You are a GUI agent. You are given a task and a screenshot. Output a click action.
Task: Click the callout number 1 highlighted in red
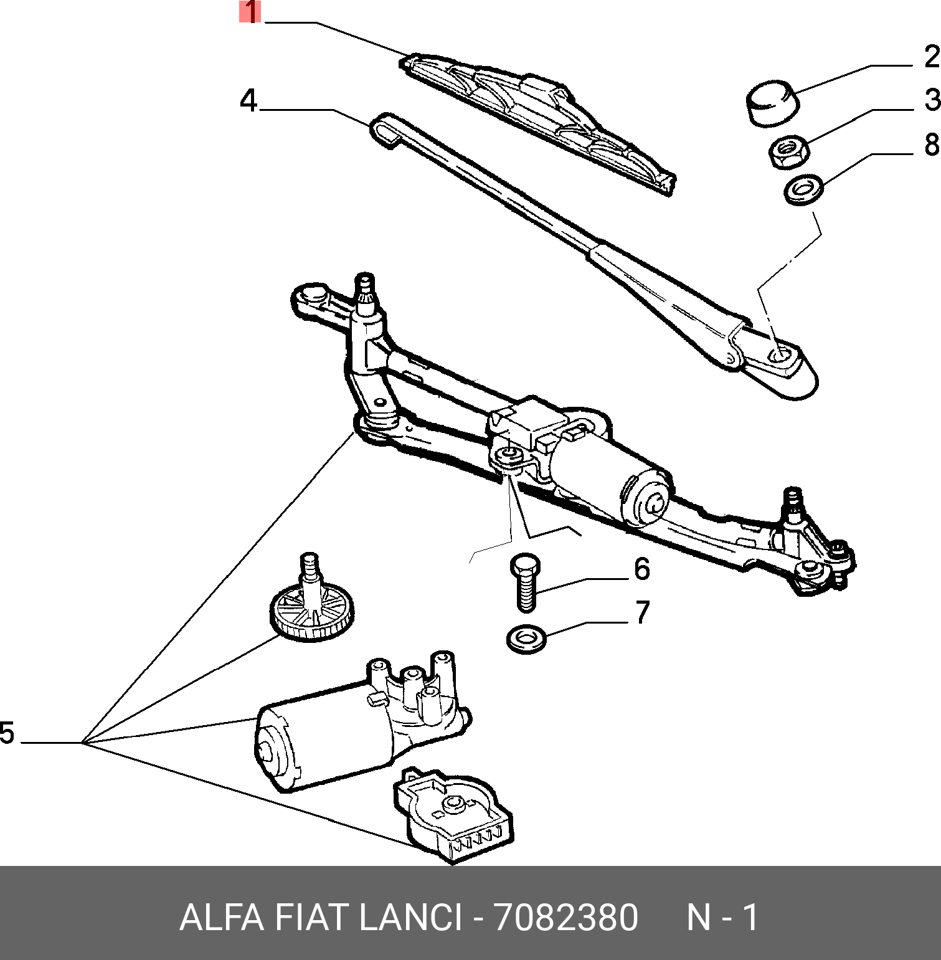tap(250, 12)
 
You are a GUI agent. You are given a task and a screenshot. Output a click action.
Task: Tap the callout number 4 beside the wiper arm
tap(248, 100)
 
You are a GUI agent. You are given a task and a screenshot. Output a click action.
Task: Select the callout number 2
tap(930, 57)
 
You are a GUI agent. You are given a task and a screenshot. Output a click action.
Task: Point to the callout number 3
tap(931, 100)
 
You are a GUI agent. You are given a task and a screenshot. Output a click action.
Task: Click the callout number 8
tap(930, 145)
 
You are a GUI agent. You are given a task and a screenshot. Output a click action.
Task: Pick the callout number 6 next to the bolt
tap(641, 569)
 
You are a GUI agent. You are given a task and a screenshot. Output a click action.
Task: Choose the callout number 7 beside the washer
tap(642, 612)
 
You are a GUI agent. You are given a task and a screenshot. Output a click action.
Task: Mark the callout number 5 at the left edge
tap(7, 733)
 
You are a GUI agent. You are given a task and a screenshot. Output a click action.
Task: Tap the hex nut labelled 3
tap(788, 151)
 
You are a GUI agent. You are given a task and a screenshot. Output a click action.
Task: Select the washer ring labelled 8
tap(803, 189)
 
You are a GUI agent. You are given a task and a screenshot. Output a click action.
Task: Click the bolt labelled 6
tap(526, 582)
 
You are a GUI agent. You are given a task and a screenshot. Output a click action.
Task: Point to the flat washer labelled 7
tap(526, 638)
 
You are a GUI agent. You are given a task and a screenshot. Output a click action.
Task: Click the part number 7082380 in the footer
tap(565, 918)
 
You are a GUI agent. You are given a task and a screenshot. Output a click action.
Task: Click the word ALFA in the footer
tap(220, 918)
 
